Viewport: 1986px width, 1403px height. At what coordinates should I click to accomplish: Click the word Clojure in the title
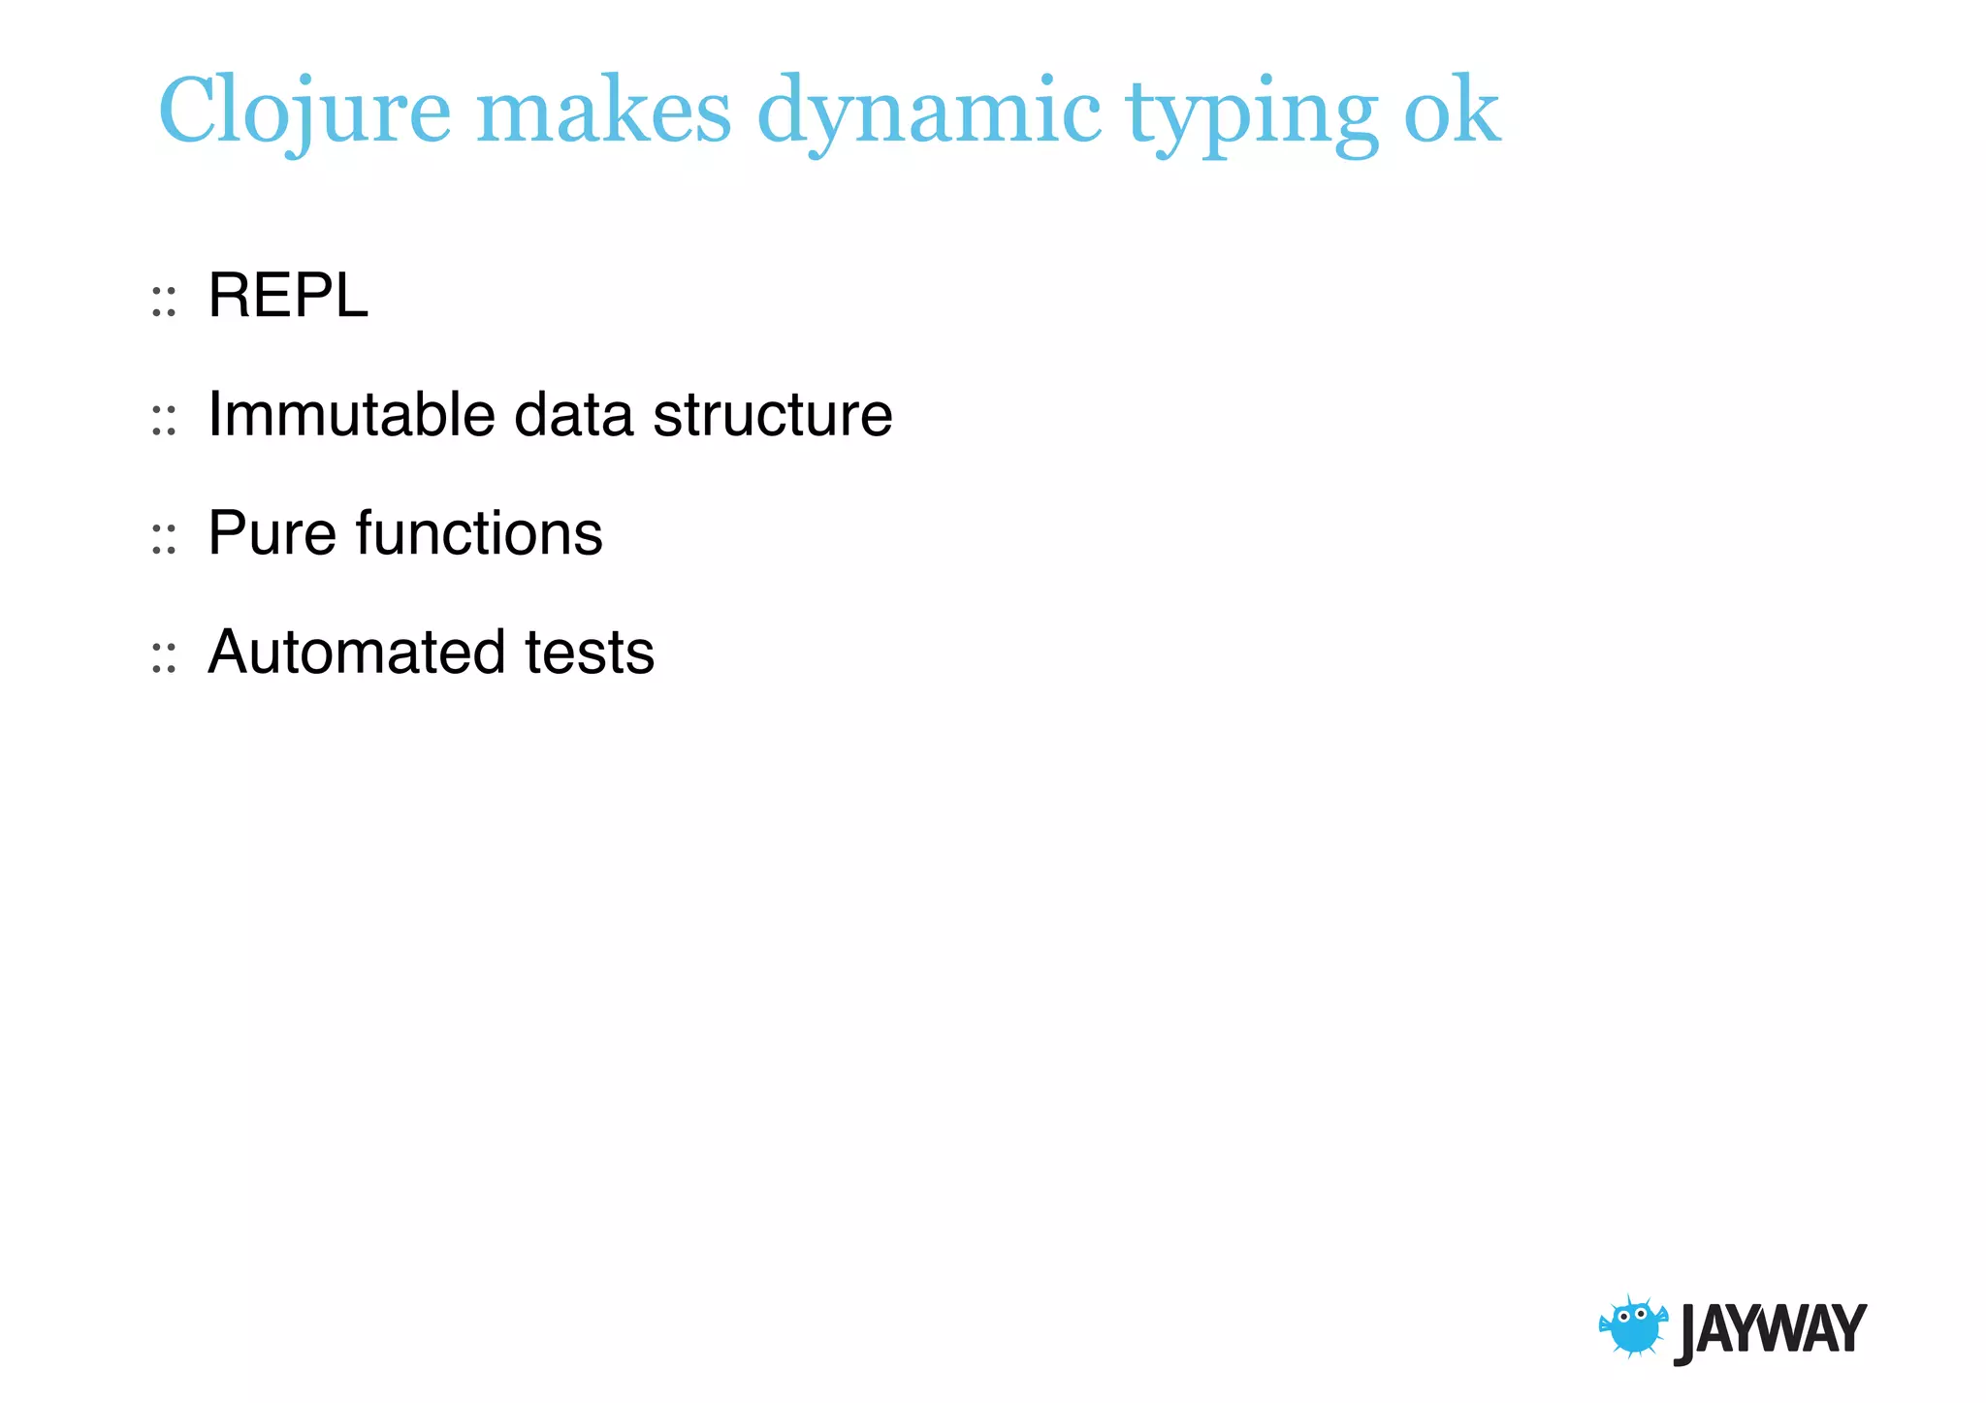pyautogui.click(x=304, y=112)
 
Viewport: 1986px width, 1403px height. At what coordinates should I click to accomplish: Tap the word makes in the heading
pyautogui.click(x=603, y=112)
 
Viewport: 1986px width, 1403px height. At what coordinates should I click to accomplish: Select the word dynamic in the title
pyautogui.click(x=928, y=112)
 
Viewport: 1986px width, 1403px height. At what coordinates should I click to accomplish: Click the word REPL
pyautogui.click(x=288, y=295)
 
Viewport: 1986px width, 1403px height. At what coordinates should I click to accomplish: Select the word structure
pyautogui.click(x=772, y=414)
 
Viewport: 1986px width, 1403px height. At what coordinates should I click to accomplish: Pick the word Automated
pyautogui.click(x=356, y=652)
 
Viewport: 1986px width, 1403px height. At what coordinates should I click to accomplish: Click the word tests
pyautogui.click(x=590, y=652)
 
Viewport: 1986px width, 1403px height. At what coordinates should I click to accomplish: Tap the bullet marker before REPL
pyautogui.click(x=164, y=302)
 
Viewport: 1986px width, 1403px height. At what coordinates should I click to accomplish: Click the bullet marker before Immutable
pyautogui.click(x=164, y=421)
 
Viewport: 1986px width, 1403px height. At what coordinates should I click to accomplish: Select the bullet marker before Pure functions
pyautogui.click(x=164, y=540)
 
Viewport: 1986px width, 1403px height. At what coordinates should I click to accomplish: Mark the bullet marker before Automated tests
pyautogui.click(x=164, y=658)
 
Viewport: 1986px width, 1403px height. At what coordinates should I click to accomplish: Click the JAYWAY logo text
pyautogui.click(x=1770, y=1330)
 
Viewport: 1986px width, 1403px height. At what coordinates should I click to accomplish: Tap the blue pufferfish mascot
pyautogui.click(x=1634, y=1327)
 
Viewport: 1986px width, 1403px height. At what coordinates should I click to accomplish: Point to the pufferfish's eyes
pyautogui.click(x=1632, y=1316)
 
